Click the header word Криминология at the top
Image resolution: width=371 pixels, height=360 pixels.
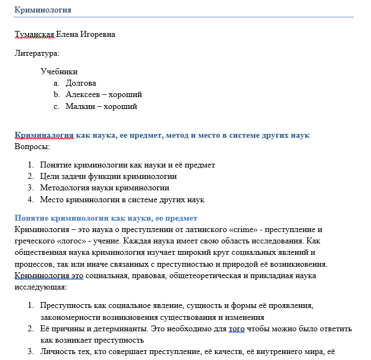click(43, 10)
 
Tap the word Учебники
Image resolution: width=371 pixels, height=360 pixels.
click(59, 72)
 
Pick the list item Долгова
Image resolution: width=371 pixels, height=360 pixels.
click(81, 83)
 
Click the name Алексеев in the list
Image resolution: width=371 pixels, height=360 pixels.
click(82, 95)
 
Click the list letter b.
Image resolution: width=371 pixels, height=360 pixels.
click(56, 95)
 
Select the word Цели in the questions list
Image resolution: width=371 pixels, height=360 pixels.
click(49, 176)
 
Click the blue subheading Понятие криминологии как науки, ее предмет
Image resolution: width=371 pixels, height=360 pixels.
click(106, 218)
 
